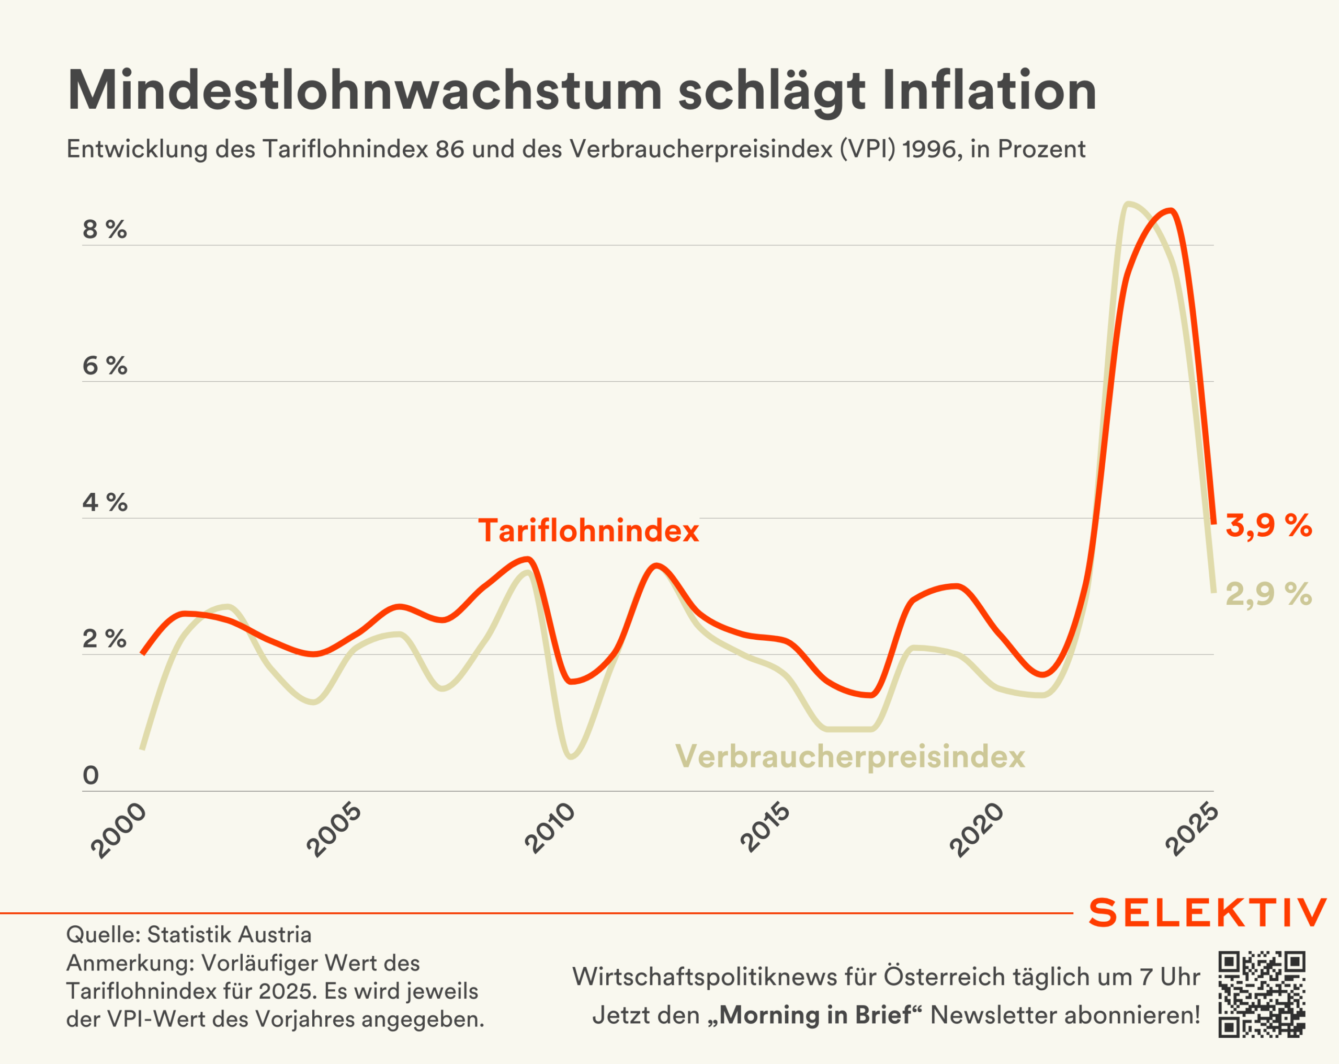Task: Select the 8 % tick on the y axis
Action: [104, 230]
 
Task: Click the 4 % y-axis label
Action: [104, 503]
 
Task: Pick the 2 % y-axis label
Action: [104, 639]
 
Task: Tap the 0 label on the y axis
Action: [90, 776]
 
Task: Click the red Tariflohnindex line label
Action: [588, 531]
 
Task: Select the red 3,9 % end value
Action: [1268, 526]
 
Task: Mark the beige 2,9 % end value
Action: [1268, 594]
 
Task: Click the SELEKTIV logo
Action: [1207, 912]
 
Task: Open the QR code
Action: [1262, 994]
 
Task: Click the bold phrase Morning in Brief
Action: [815, 1015]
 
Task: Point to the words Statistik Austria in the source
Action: [229, 935]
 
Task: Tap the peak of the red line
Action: [1171, 211]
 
